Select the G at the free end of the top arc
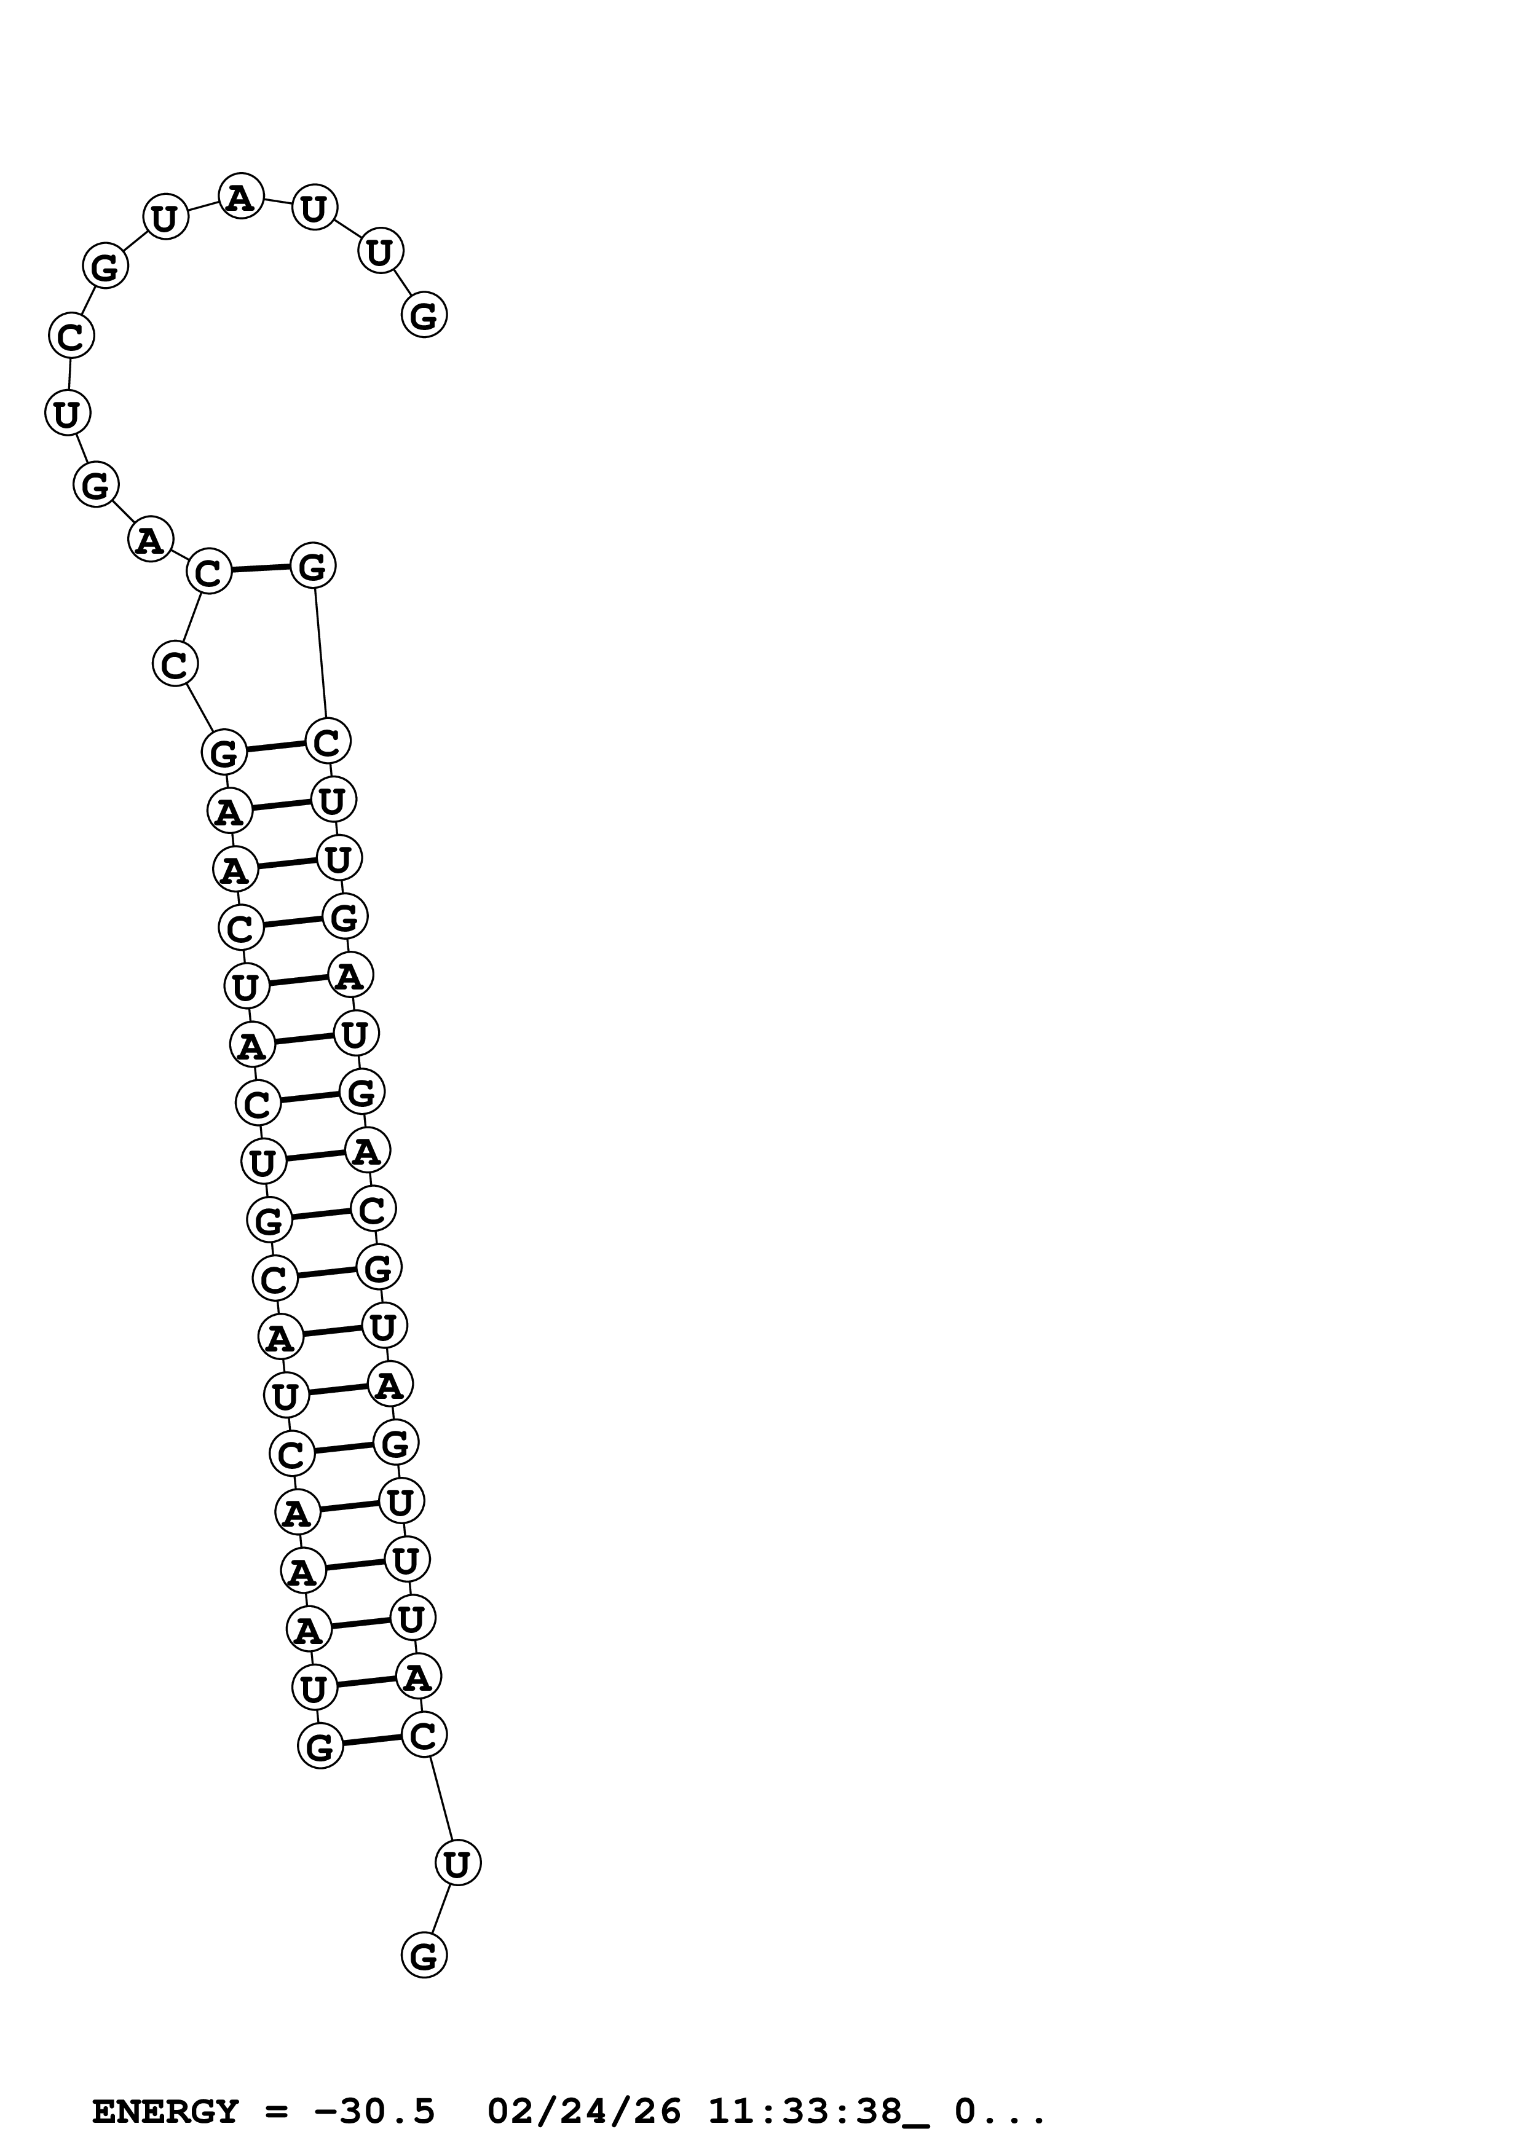click(424, 315)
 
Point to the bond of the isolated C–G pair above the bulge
click(260, 568)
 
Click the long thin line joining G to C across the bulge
click(319, 653)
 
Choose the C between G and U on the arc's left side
click(71, 336)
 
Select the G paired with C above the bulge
click(313, 565)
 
